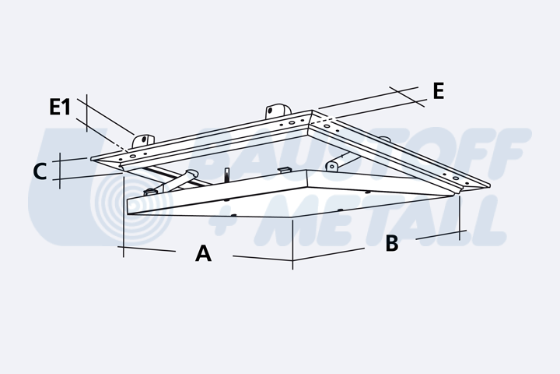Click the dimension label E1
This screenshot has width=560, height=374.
point(60,107)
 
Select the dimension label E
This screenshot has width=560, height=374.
point(438,91)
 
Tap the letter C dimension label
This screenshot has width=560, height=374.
point(40,171)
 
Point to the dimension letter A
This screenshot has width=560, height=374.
point(203,253)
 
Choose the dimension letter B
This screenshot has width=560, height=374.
point(392,243)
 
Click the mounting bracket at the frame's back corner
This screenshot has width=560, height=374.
point(278,111)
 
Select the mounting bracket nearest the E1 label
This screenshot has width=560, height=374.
point(143,140)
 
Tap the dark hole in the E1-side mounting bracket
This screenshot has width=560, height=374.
point(145,139)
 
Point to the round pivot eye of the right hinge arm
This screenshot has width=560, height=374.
point(332,167)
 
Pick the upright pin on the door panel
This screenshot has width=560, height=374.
point(226,175)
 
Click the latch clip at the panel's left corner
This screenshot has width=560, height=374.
point(151,192)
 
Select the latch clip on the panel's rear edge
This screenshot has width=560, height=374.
point(285,170)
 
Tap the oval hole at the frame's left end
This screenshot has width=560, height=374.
point(133,156)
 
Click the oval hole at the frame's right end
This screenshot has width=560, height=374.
point(456,178)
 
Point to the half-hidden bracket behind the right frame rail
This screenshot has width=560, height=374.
point(384,139)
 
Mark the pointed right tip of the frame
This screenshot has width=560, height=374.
point(490,185)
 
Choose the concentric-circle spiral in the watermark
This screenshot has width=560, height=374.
point(131,206)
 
